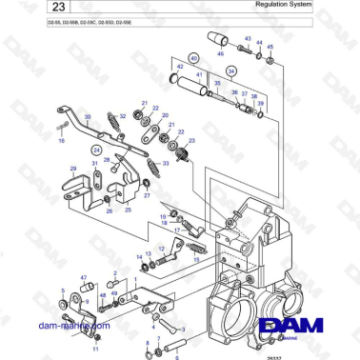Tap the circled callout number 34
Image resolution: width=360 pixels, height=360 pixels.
click(231, 70)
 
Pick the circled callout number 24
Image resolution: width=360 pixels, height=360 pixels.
click(95, 150)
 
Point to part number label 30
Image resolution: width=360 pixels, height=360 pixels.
click(88, 117)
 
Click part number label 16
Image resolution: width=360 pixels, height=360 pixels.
click(62, 140)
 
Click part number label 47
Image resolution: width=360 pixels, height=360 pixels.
click(84, 278)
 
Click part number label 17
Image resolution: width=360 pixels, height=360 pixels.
click(175, 230)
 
